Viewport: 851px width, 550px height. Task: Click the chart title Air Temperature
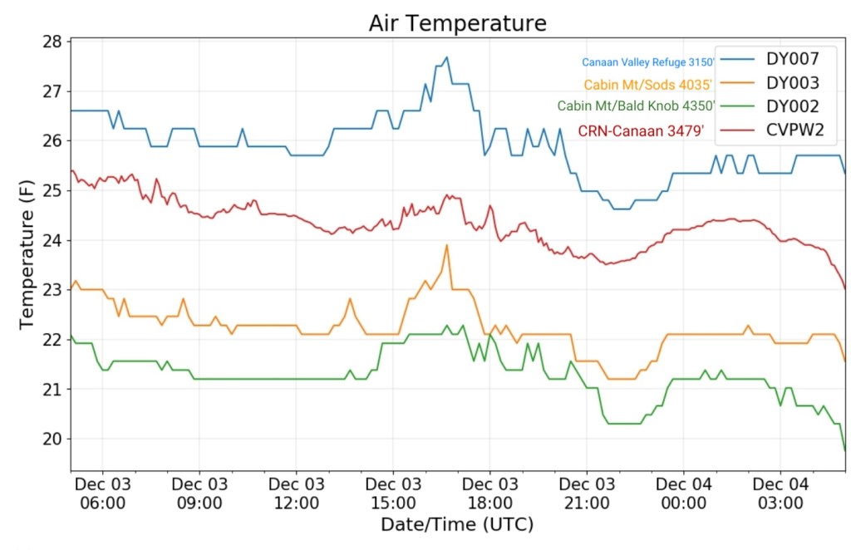[x=457, y=22]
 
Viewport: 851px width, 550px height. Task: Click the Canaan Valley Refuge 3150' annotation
[x=648, y=62]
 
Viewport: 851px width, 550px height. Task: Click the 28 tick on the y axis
[x=52, y=42]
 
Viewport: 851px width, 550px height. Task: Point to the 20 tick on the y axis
[x=52, y=439]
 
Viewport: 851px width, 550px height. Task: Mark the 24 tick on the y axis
[x=52, y=240]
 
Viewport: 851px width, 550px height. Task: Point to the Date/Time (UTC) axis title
[x=456, y=525]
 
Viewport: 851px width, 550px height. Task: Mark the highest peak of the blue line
[x=446, y=57]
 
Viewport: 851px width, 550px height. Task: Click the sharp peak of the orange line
[x=446, y=245]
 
